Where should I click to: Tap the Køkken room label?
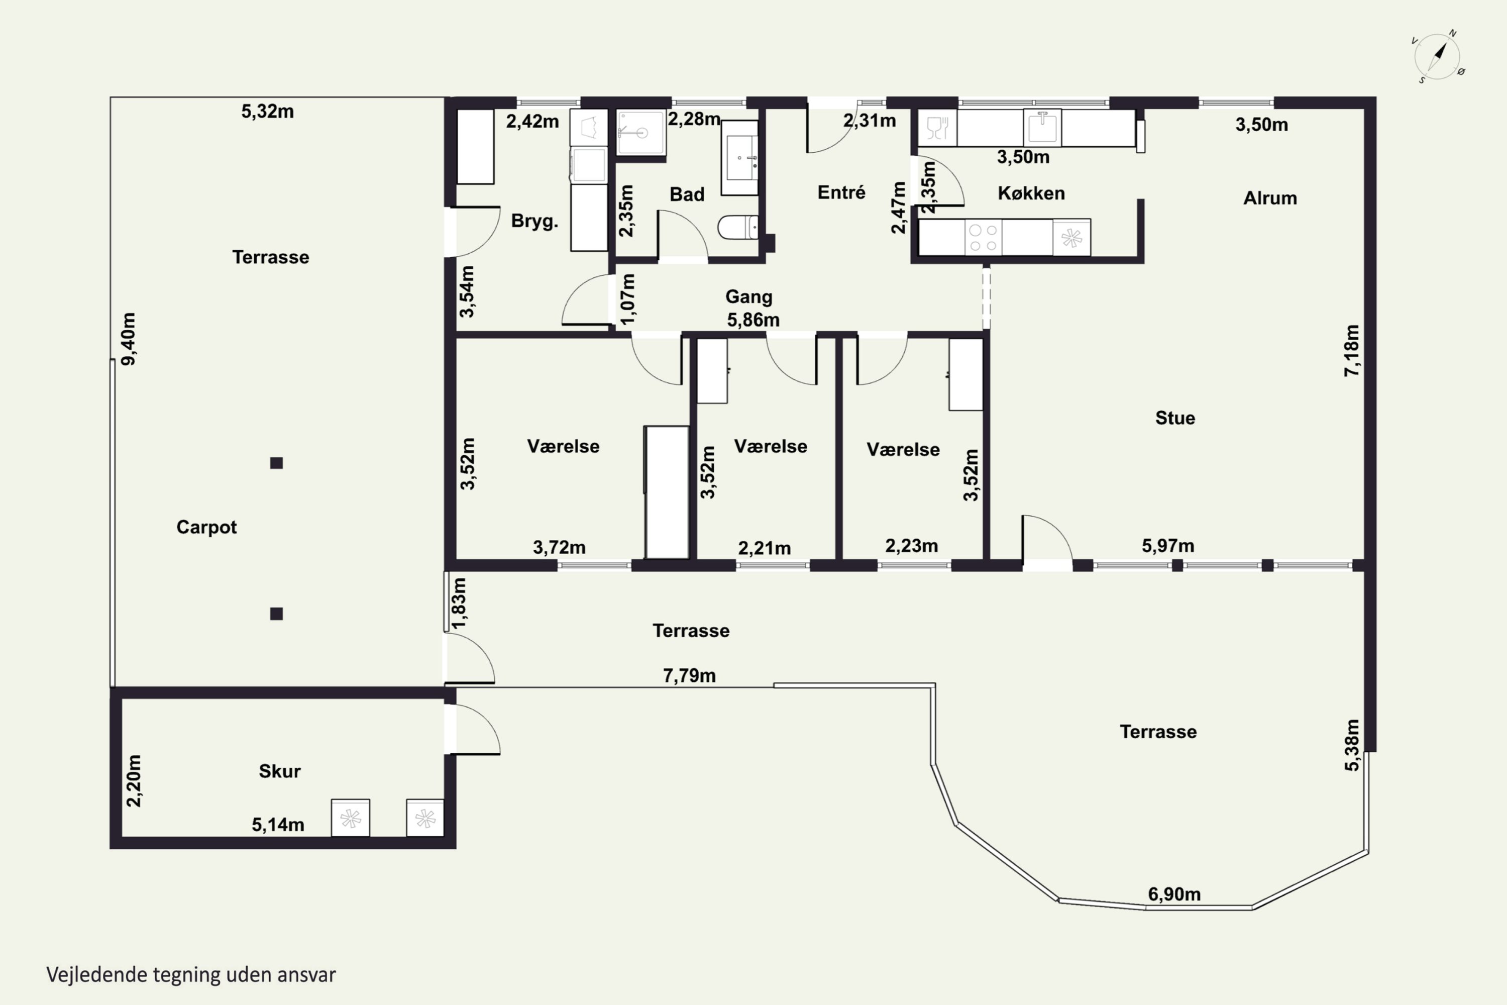[1031, 193]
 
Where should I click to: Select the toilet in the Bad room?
[737, 227]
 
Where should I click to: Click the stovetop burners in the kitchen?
[983, 237]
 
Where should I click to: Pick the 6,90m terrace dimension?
[1174, 893]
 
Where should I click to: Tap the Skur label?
[279, 770]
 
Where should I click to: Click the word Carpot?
[206, 527]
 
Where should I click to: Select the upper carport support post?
[276, 463]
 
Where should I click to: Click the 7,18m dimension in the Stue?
[1351, 351]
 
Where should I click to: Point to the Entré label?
[841, 192]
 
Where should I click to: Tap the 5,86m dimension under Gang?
[753, 319]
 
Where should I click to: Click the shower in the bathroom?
[641, 133]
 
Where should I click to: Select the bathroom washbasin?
[740, 158]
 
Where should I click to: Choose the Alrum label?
[1270, 198]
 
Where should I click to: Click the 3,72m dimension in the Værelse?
[559, 547]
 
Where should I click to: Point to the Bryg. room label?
[534, 221]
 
